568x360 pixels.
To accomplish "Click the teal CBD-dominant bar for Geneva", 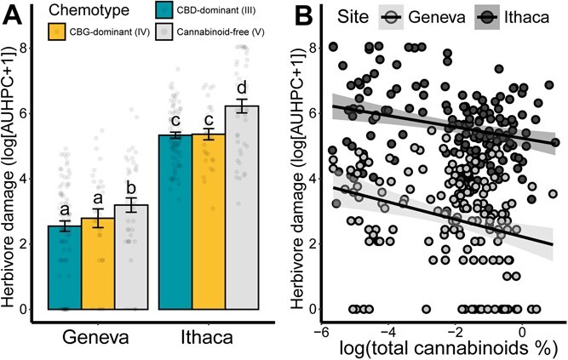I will [64, 267].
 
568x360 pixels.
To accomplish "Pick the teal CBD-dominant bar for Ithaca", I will [175, 221].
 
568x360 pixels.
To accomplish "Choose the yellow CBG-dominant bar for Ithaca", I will [209, 221].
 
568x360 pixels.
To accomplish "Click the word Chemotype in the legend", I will [82, 11].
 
